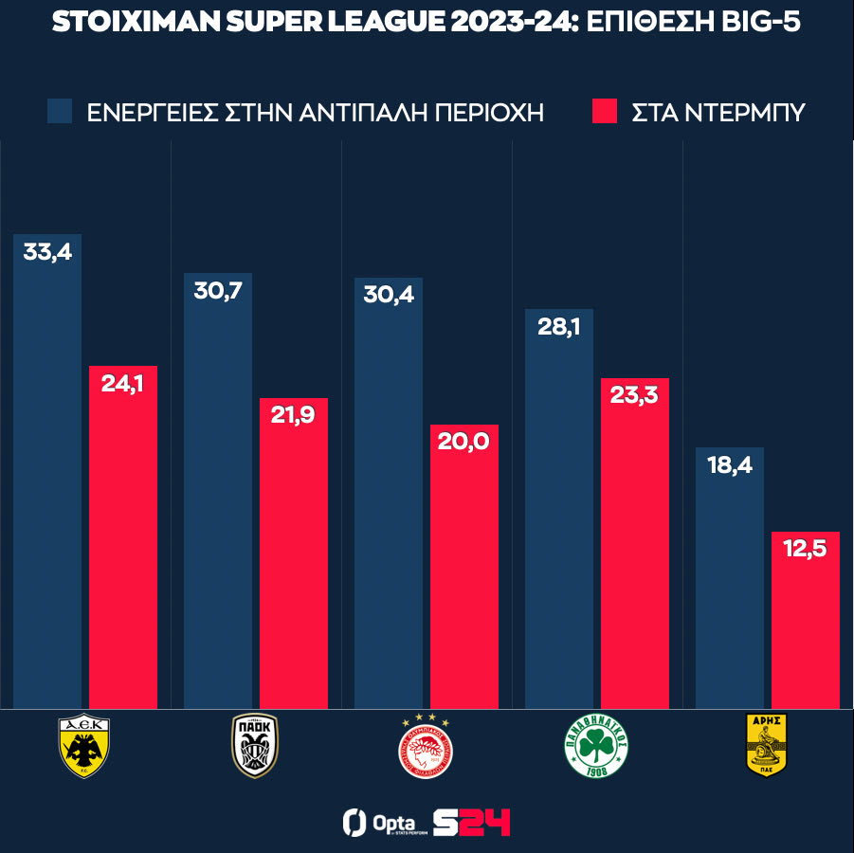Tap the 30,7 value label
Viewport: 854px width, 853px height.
point(218,291)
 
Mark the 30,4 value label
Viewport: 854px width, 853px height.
point(389,295)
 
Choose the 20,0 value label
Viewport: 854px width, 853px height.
point(464,443)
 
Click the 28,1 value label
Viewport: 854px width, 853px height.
point(559,327)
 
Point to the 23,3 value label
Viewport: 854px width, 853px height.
point(635,397)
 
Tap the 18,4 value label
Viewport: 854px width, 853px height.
point(730,465)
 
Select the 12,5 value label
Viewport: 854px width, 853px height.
point(806,550)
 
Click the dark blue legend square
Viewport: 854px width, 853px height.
point(60,111)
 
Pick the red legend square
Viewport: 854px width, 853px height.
point(605,111)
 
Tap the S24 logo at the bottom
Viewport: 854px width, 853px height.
point(471,821)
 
